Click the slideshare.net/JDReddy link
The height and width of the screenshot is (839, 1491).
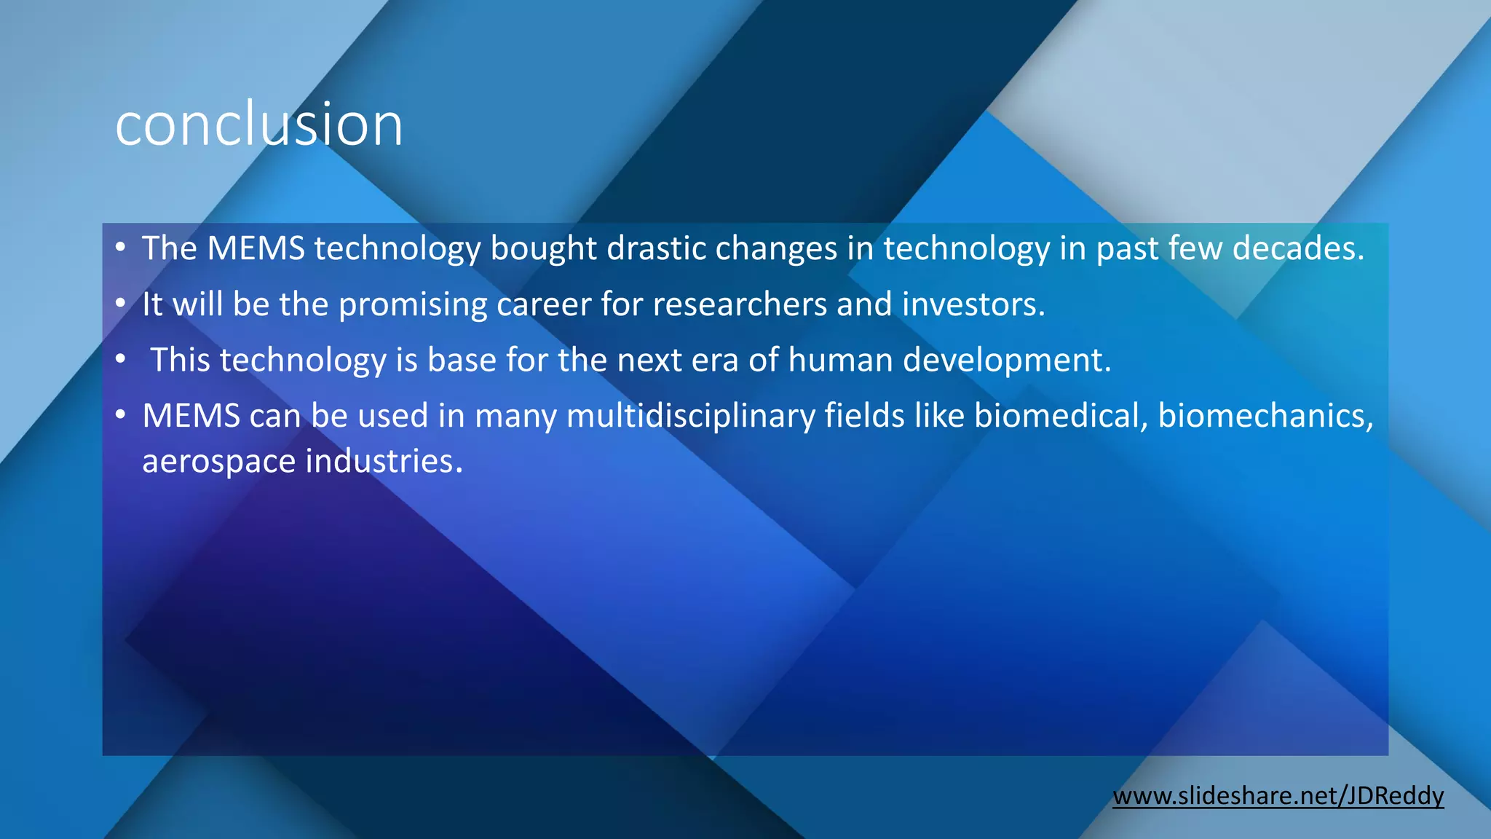pyautogui.click(x=1278, y=795)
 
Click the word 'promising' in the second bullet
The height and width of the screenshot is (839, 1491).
pyautogui.click(x=413, y=304)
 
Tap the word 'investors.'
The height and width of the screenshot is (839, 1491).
pyautogui.click(x=973, y=304)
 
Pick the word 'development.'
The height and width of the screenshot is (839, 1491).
pyautogui.click(x=1008, y=361)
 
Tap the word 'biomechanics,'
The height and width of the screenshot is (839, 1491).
pyautogui.click(x=1265, y=416)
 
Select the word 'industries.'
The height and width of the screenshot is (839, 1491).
pyautogui.click(x=384, y=462)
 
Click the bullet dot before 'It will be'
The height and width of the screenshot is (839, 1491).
pyautogui.click(x=121, y=304)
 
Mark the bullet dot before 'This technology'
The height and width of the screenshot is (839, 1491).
pyautogui.click(x=121, y=360)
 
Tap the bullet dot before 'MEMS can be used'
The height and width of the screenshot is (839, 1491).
pyautogui.click(x=121, y=415)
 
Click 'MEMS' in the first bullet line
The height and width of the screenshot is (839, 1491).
pyautogui.click(x=256, y=248)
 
